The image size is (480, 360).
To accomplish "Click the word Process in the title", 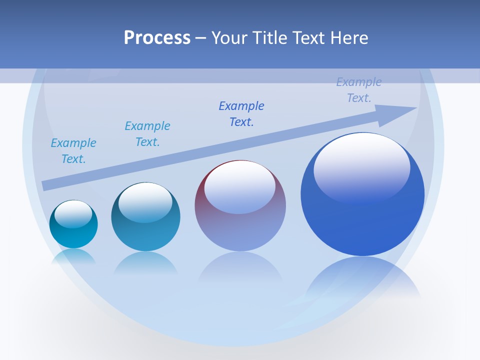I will tap(157, 38).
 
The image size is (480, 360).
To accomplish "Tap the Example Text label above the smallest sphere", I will tap(73, 151).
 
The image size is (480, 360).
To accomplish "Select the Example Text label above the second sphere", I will tap(147, 134).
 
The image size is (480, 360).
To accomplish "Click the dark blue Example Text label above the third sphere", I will tap(241, 114).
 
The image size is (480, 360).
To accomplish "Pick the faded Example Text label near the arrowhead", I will tap(359, 90).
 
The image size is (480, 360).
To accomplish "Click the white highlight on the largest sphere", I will tap(361, 167).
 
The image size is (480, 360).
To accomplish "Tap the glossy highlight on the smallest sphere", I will tap(73, 213).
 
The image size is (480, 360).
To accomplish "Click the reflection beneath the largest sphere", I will tap(362, 280).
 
